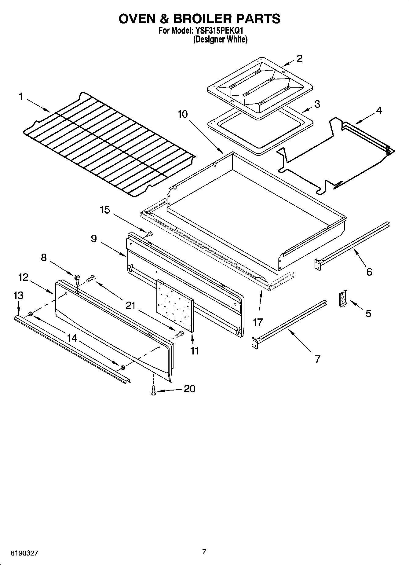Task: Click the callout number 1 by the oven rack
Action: [20, 97]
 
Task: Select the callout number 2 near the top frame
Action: [299, 58]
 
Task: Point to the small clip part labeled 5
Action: [343, 298]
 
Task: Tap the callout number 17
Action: [258, 322]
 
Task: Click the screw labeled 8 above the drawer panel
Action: [77, 278]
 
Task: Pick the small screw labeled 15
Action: [149, 234]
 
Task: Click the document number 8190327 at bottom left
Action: [25, 553]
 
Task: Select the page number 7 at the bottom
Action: [204, 552]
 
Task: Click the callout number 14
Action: [72, 338]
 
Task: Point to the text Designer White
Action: [220, 39]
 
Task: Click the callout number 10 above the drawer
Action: [182, 114]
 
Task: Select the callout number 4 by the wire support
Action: [378, 110]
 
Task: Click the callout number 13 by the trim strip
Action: [18, 295]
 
